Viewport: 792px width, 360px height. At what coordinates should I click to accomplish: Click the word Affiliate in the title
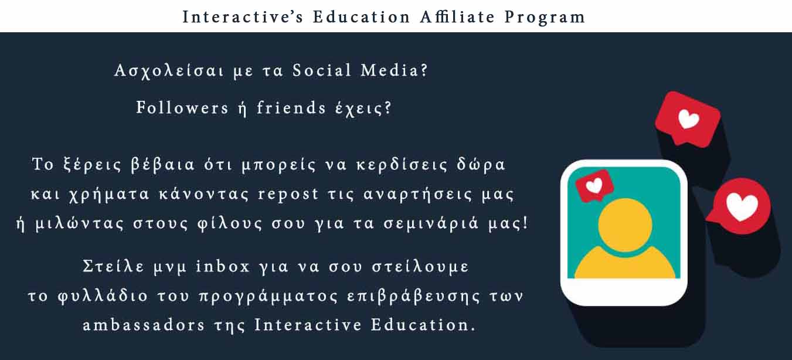click(457, 17)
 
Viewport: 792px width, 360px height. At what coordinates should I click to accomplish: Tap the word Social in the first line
click(322, 70)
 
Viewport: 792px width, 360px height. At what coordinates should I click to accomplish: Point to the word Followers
click(182, 107)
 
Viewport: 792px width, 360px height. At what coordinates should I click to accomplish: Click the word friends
click(291, 107)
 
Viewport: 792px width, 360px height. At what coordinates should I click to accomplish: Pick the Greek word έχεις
click(363, 108)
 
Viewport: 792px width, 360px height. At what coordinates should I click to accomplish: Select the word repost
click(288, 195)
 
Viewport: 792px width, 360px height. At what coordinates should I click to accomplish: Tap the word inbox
click(223, 266)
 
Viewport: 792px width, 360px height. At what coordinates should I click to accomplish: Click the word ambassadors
click(144, 325)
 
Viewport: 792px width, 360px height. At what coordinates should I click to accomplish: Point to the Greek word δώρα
click(481, 164)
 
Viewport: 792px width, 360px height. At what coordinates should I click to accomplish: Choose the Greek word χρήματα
click(109, 195)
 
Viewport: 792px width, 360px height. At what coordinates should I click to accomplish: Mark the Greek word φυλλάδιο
click(103, 296)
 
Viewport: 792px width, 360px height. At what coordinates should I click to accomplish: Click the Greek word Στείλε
click(113, 266)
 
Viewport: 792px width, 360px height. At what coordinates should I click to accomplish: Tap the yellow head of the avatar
click(625, 225)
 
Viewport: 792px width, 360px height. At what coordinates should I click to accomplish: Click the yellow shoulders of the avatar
click(625, 264)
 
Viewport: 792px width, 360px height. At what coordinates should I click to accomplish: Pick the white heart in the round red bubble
click(742, 206)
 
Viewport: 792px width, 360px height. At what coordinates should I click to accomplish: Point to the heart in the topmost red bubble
click(688, 119)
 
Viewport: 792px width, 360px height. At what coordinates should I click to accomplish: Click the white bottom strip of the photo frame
click(624, 291)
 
